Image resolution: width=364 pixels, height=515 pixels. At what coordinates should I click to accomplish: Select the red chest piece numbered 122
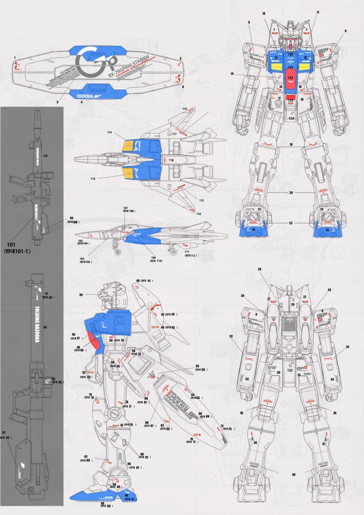290,77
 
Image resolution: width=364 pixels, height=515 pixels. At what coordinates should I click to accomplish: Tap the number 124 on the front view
291,118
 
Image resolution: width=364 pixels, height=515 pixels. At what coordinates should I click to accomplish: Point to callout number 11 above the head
317,12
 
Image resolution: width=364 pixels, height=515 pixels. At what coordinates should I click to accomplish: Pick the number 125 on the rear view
290,370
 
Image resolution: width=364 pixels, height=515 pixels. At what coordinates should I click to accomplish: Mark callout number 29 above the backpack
260,269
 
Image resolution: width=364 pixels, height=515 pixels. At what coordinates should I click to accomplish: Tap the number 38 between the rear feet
294,474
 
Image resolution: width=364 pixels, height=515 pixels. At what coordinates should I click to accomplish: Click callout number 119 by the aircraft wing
185,108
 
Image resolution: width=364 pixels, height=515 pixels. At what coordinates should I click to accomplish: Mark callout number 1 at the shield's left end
15,57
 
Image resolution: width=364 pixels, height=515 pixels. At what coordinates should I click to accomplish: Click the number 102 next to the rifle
45,155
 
